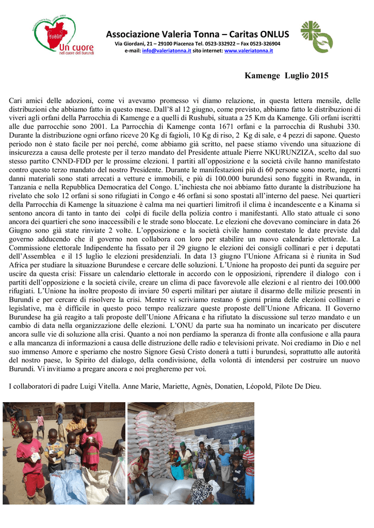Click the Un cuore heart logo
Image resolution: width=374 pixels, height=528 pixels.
[54, 36]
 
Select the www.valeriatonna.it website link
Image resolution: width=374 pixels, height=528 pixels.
[249, 51]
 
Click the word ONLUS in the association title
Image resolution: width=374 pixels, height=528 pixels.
[273, 35]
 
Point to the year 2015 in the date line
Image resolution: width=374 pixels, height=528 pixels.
[318, 76]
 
